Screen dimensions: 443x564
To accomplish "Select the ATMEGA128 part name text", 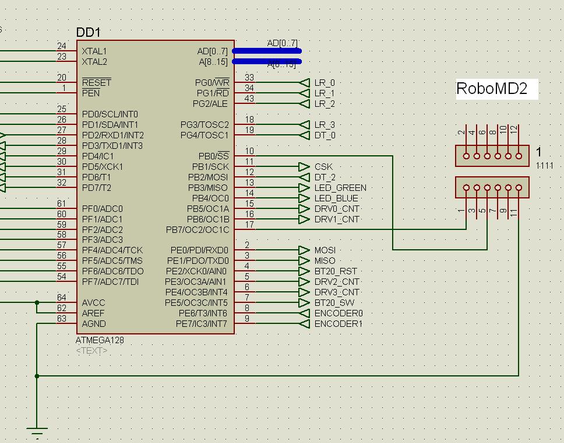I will point(100,340).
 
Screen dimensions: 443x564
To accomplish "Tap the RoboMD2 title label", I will point(492,89).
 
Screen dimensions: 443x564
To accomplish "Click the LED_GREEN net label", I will point(340,188).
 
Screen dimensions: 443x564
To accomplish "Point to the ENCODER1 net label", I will point(338,324).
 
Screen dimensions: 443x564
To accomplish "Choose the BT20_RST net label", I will point(336,271).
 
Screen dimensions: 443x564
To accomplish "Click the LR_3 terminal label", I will point(325,125).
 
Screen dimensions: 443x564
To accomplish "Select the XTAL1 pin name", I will point(94,51).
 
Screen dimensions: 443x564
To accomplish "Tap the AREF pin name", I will point(93,313).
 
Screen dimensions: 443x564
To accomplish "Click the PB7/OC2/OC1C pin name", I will point(198,230).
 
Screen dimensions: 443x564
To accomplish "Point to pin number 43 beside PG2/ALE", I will point(249,99).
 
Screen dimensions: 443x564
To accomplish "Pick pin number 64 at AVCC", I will point(61,298).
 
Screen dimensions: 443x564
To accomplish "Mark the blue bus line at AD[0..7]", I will point(267,51).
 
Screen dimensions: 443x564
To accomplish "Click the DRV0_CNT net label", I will point(337,209).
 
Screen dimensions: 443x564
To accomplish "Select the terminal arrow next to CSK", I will point(304,167).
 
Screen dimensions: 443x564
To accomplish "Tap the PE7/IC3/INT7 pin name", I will point(202,324).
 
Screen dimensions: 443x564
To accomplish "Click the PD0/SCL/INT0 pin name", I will point(110,114).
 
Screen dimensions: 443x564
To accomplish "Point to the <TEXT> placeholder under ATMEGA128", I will point(91,351).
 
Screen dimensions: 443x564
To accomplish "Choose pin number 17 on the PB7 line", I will point(249,225).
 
